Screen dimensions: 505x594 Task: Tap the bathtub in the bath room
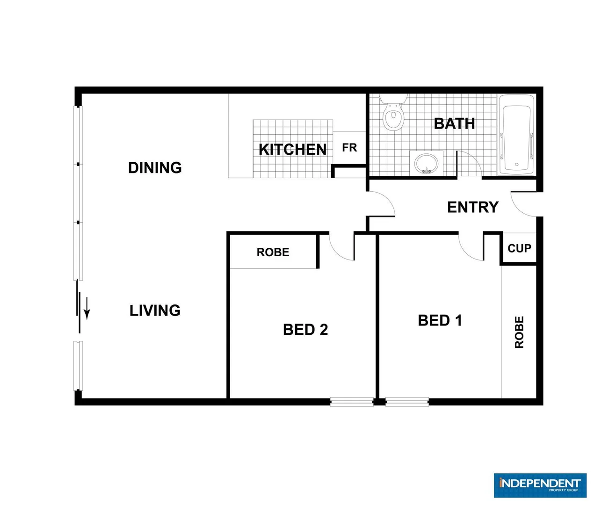coord(516,135)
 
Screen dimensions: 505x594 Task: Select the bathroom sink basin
coord(426,164)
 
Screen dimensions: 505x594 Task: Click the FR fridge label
coord(349,148)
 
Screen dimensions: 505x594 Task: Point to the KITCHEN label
coord(292,150)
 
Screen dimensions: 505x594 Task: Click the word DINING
coord(155,167)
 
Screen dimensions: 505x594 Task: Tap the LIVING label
coord(155,310)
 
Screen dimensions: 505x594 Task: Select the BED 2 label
coord(305,330)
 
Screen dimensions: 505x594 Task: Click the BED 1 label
coord(440,321)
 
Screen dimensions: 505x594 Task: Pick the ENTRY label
coord(473,207)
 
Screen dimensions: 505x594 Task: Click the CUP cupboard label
coord(519,248)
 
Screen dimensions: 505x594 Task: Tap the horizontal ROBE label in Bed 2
coord(273,252)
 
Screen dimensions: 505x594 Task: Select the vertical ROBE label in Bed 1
coord(519,332)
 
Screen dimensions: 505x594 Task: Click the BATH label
coord(454,123)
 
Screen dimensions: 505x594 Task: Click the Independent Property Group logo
coord(540,485)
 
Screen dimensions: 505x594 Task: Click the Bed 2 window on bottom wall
coord(352,402)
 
